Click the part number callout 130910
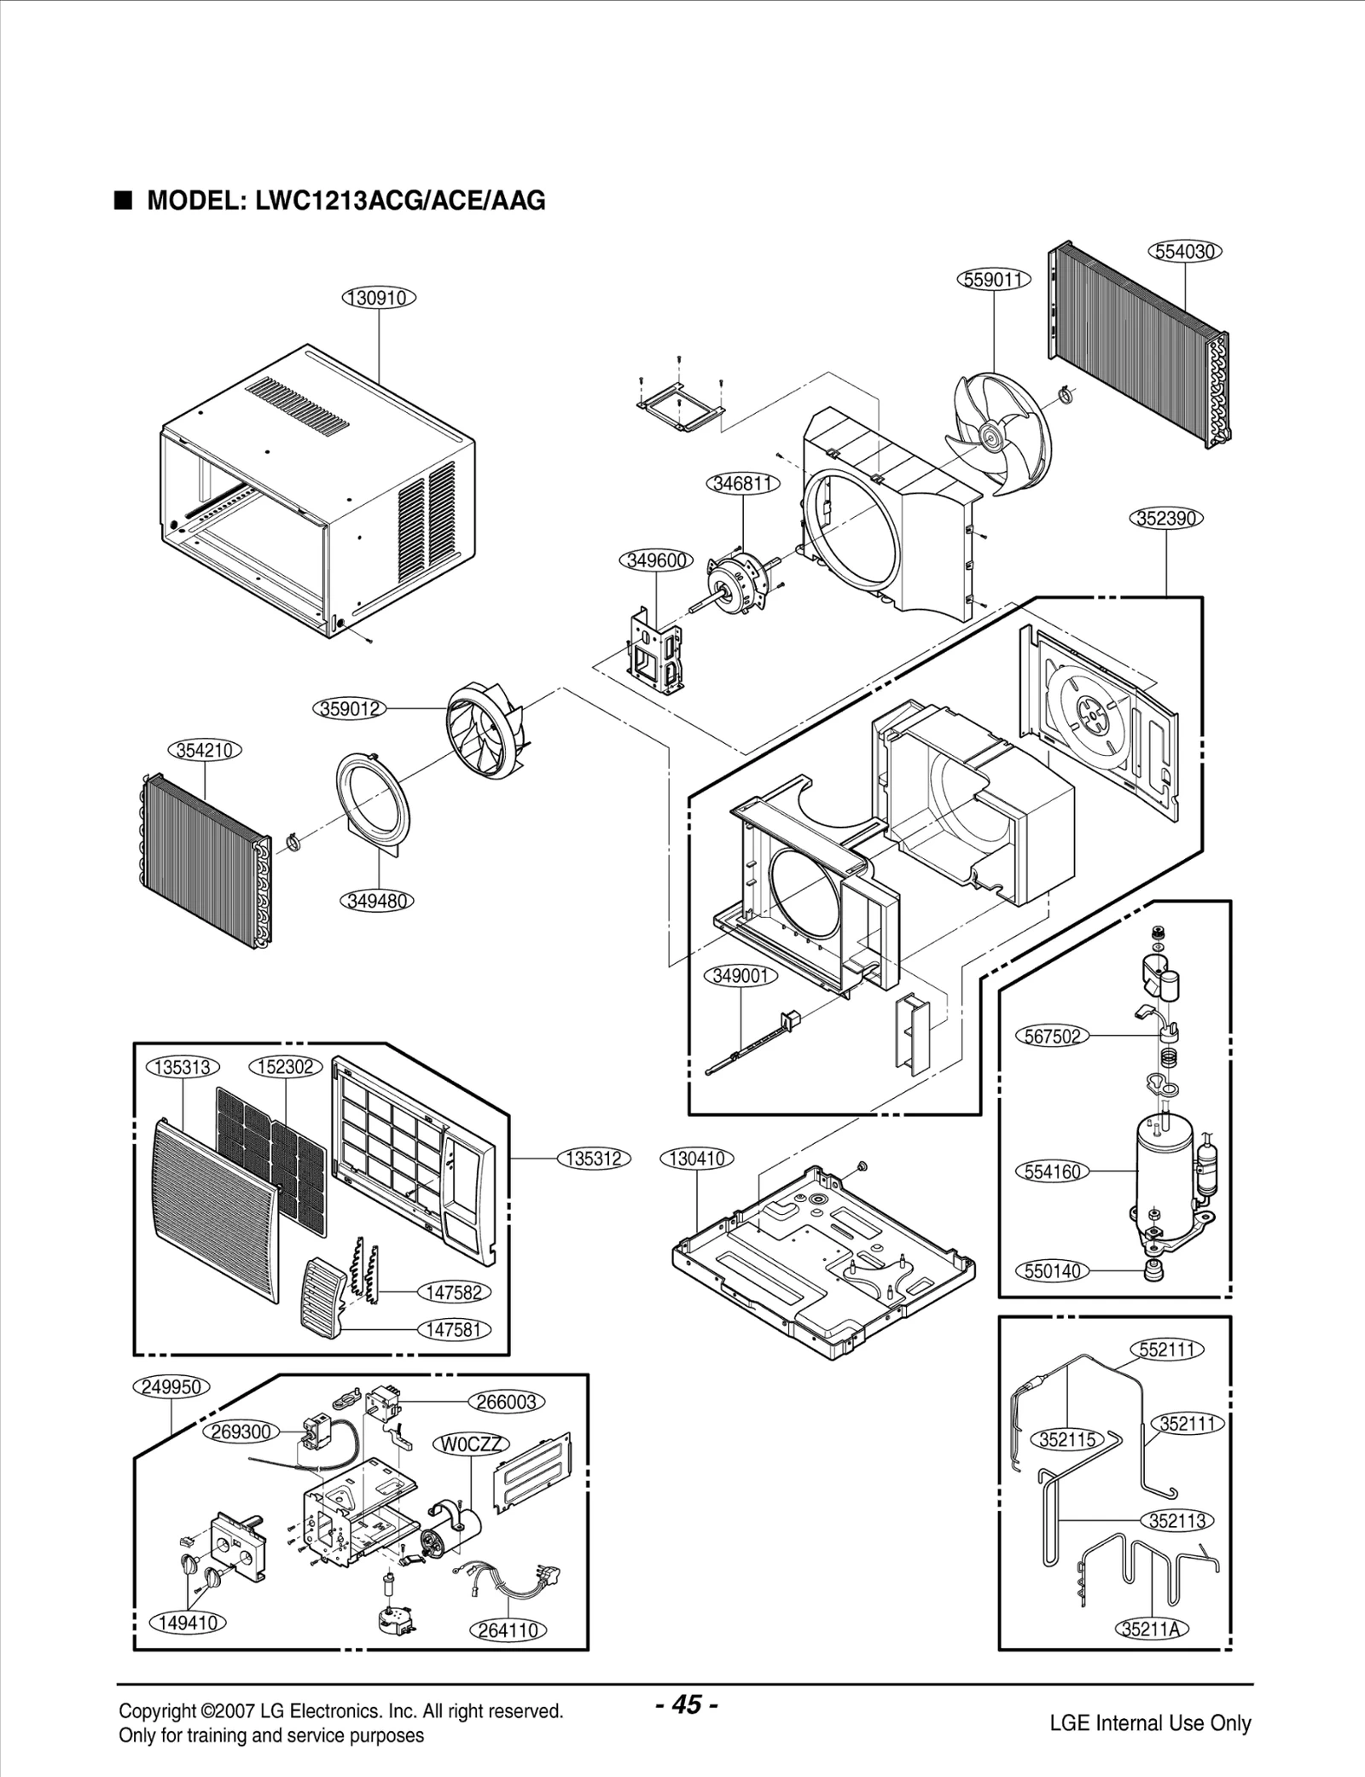point(379,298)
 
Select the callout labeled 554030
point(1185,251)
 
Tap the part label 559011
point(995,279)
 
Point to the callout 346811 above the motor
point(743,484)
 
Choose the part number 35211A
point(1151,1629)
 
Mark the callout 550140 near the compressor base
point(1053,1271)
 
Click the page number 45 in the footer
point(687,1705)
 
